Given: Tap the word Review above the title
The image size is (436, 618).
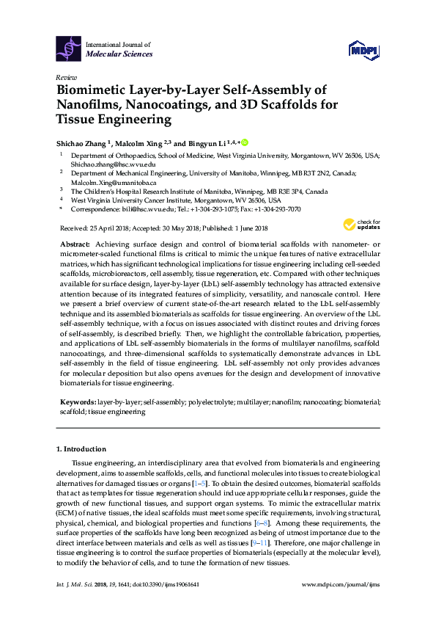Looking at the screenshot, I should [x=67, y=77].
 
